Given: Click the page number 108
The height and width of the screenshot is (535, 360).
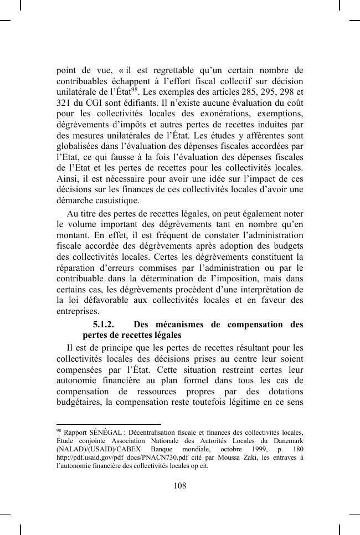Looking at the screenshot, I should click(x=179, y=486).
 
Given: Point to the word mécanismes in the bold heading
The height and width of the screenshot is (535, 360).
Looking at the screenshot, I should click(x=182, y=325).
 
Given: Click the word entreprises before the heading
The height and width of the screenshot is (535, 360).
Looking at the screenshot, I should click(x=77, y=312).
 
